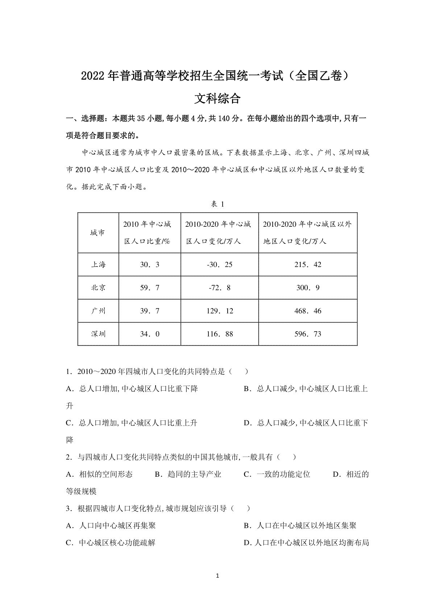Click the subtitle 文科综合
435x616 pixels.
pos(217,99)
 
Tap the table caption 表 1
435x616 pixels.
pos(217,205)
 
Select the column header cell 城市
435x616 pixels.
pos(98,233)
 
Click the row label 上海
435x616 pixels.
pos(98,265)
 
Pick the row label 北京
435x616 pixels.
pos(98,288)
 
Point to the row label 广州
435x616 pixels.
pos(98,311)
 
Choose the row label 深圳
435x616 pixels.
pos(98,334)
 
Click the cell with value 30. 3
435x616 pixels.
pos(150,265)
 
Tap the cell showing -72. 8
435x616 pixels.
pos(220,288)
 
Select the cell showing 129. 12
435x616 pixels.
pos(220,311)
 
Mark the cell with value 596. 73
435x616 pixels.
pos(308,334)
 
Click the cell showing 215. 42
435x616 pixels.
pos(308,265)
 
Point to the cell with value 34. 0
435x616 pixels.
pos(150,334)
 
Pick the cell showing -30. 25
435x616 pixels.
pos(220,265)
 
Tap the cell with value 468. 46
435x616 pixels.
pos(308,311)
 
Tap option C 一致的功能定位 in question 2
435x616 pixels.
pos(277,475)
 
